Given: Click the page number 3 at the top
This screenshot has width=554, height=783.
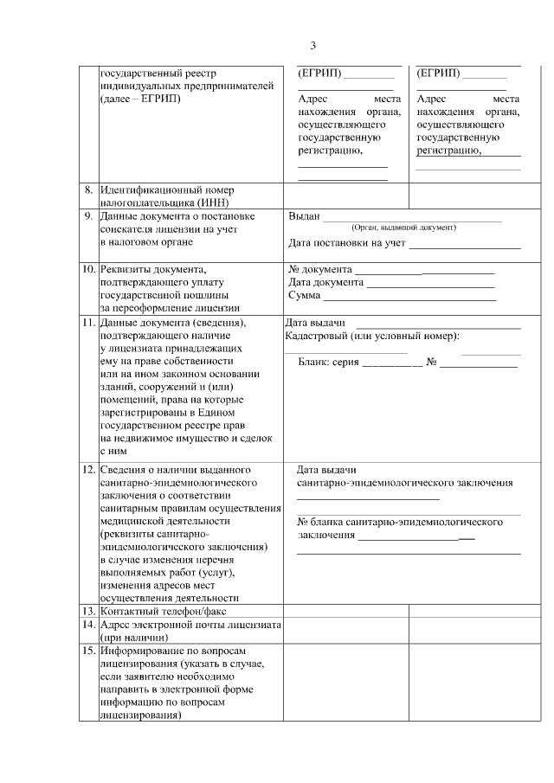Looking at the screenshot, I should tap(313, 45).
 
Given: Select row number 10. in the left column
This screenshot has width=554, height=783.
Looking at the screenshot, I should tap(87, 268).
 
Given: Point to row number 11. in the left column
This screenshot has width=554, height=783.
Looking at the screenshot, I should tap(87, 323).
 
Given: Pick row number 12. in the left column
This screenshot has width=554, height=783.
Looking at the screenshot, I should tap(87, 470).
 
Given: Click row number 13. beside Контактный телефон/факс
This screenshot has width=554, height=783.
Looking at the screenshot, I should tap(87, 610).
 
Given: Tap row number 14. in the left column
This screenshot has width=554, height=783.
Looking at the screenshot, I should tap(87, 624).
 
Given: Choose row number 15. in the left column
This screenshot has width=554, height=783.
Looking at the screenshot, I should tap(87, 650).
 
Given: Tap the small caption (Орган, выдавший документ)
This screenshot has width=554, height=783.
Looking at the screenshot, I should tap(403, 228).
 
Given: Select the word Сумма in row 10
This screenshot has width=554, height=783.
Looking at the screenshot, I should tap(304, 296).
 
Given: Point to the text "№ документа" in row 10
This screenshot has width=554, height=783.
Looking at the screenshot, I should tap(320, 268).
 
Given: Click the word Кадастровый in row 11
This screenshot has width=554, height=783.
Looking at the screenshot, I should tap(316, 336).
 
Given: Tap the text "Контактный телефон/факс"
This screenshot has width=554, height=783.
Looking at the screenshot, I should tap(157, 610).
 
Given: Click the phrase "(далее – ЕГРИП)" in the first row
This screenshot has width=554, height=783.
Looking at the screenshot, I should tap(140, 99).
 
